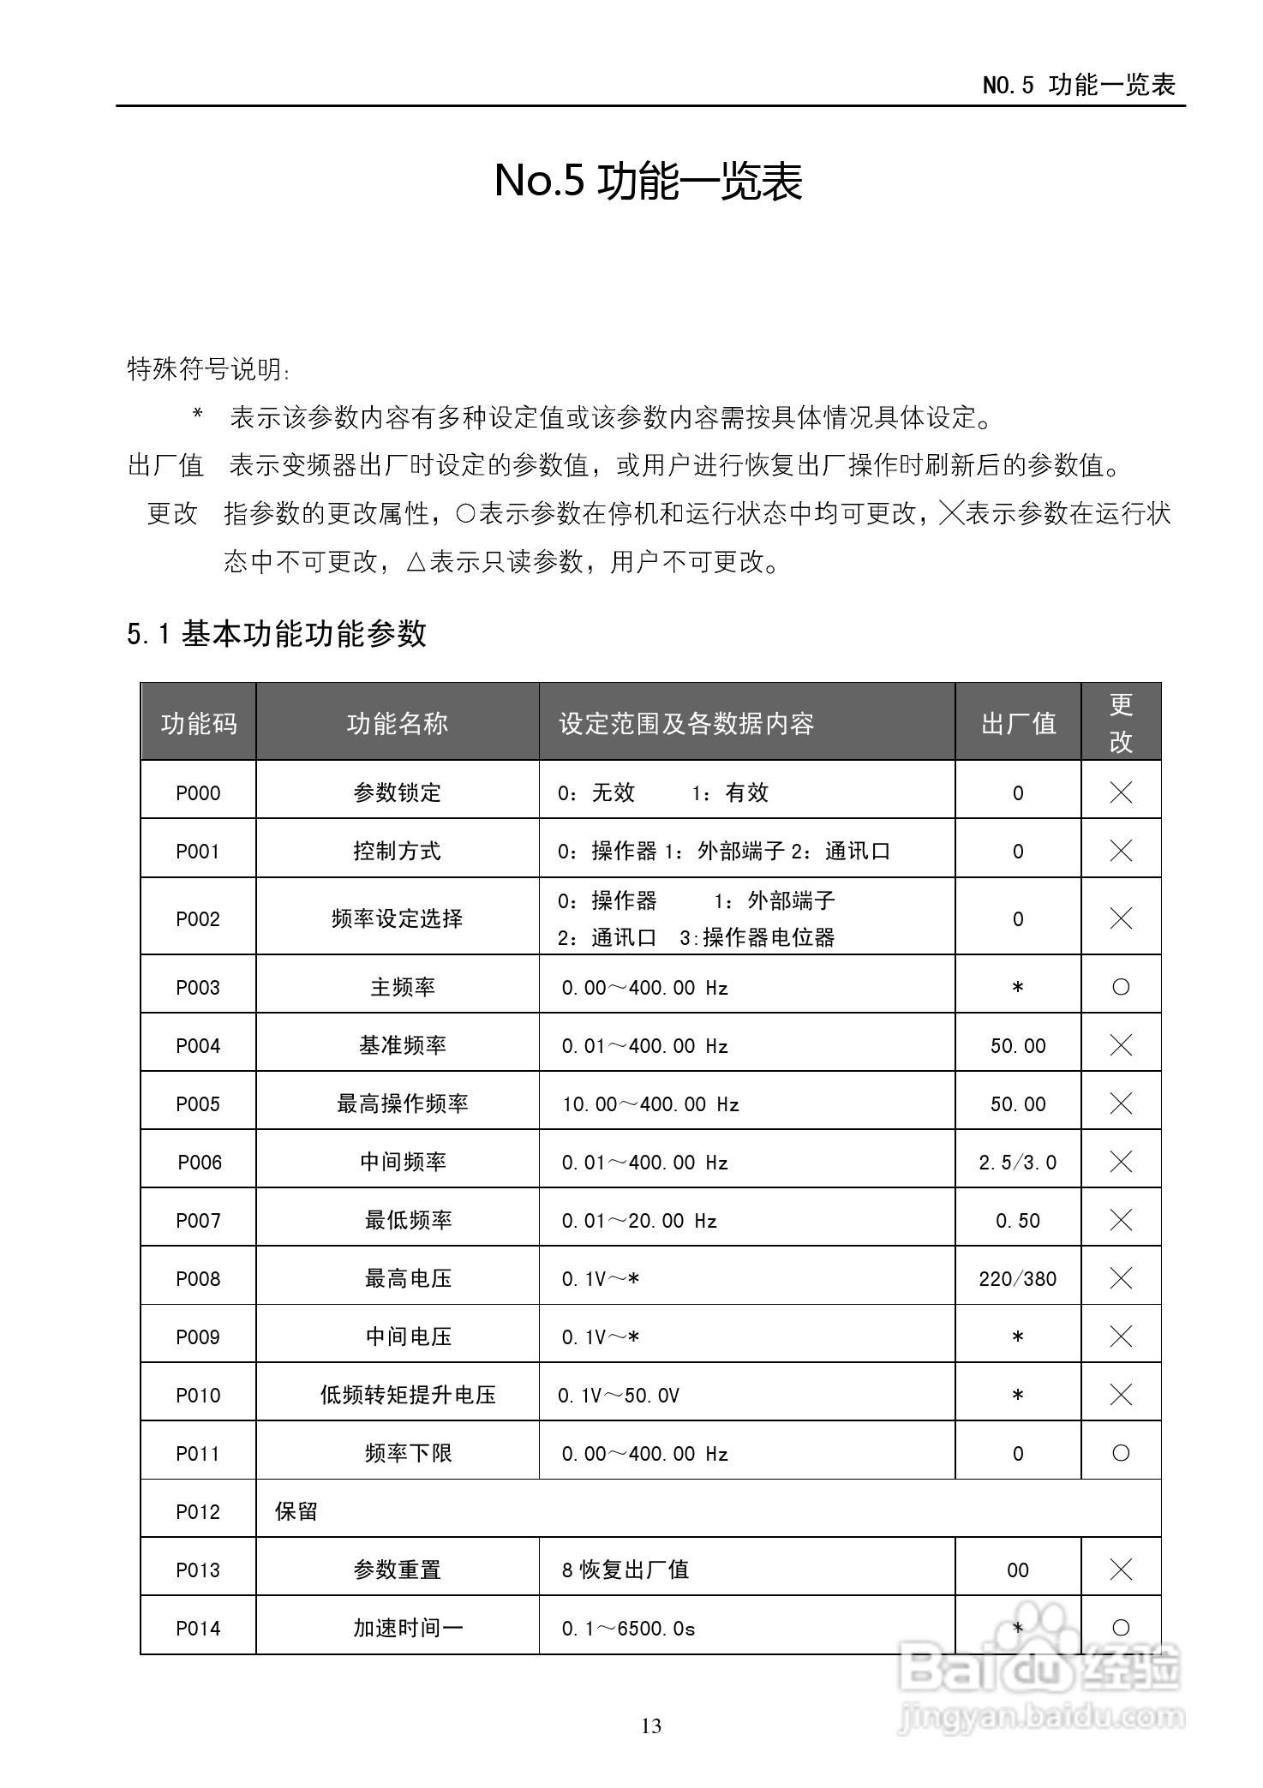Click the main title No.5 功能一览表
(x=648, y=181)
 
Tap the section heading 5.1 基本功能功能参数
(x=276, y=634)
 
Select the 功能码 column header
(x=198, y=723)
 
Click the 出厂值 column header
(x=1018, y=723)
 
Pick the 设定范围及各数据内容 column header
(x=685, y=723)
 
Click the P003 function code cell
(x=198, y=987)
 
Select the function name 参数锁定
(x=397, y=792)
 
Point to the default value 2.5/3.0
(x=1018, y=1162)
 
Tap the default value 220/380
(x=1018, y=1278)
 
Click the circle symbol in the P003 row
(x=1121, y=987)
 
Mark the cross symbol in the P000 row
(x=1121, y=792)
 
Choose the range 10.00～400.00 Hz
(x=650, y=1103)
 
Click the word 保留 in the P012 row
(x=296, y=1511)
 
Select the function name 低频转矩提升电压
(x=408, y=1395)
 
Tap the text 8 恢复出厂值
(x=626, y=1570)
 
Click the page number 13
(x=651, y=1725)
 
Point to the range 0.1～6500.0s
(x=628, y=1628)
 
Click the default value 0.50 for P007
(x=1018, y=1220)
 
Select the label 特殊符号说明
(x=208, y=369)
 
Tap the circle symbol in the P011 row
(x=1121, y=1453)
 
